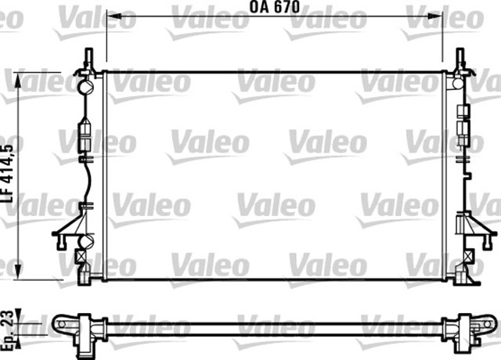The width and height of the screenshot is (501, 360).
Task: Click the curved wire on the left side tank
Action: tap(88, 179)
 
